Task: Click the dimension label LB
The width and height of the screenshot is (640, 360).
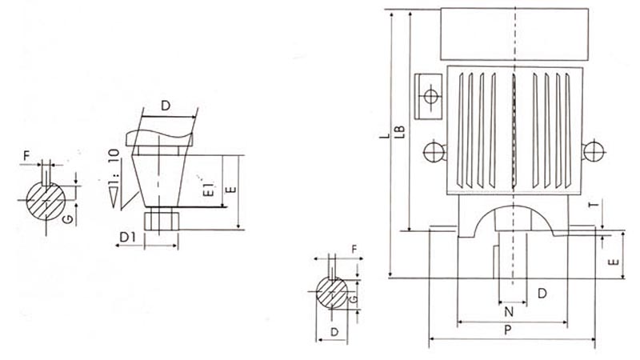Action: click(402, 130)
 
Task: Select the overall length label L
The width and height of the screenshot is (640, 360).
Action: click(385, 134)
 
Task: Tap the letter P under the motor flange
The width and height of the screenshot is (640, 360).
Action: click(508, 330)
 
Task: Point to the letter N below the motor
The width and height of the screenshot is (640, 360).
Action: click(509, 312)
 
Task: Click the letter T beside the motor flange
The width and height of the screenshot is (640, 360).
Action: click(595, 203)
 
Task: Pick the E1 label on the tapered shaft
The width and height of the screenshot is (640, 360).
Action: click(209, 190)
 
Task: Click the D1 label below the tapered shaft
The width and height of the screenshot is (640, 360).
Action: click(128, 237)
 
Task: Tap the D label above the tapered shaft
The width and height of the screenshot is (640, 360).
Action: click(166, 106)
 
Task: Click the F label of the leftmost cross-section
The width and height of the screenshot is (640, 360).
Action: click(27, 155)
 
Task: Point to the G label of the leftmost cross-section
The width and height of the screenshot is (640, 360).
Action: click(69, 219)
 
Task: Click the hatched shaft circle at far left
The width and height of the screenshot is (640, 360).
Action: click(46, 201)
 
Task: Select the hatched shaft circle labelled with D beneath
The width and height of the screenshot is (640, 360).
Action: click(332, 293)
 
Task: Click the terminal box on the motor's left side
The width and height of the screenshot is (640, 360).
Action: click(428, 96)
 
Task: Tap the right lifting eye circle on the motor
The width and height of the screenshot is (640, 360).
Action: click(594, 151)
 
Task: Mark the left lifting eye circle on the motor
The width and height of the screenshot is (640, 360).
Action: click(434, 153)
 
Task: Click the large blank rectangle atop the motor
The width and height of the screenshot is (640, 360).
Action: click(514, 34)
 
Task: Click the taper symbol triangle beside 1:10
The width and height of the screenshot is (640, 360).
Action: click(114, 197)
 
